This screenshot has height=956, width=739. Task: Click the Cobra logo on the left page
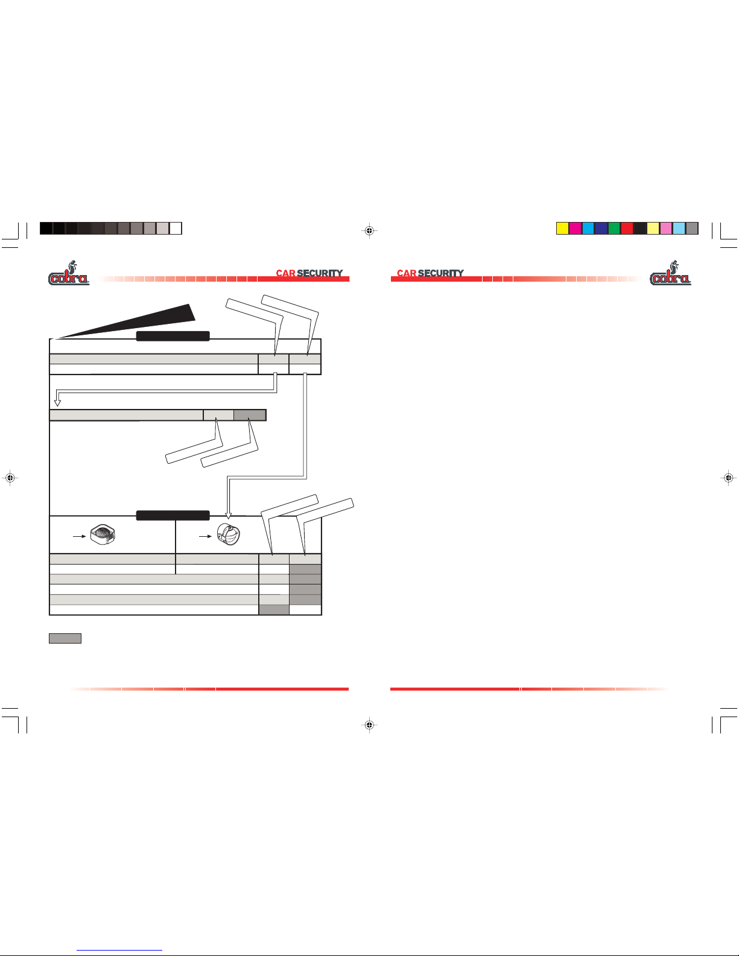point(69,273)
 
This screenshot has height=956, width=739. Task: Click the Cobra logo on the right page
point(670,273)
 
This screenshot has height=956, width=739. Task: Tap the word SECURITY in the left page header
point(320,273)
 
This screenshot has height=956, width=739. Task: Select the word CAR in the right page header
point(407,273)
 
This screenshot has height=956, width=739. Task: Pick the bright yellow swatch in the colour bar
point(563,229)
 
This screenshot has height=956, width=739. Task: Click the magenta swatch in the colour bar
point(576,229)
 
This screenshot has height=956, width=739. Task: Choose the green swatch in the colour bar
point(614,229)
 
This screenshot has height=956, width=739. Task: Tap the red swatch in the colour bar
point(627,229)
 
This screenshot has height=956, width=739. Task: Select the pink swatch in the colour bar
point(666,229)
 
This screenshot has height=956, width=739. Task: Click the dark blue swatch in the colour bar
point(601,229)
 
